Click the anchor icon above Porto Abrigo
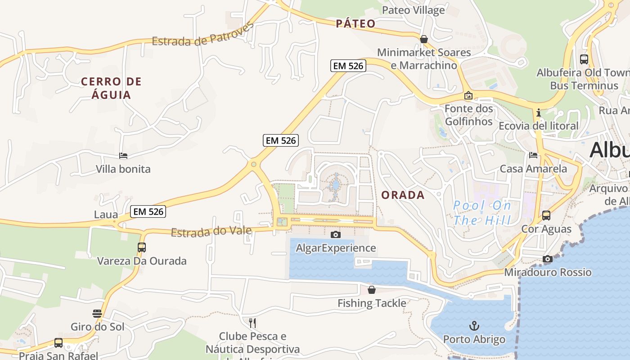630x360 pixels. pyautogui.click(x=474, y=325)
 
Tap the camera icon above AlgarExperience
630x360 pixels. pyautogui.click(x=335, y=234)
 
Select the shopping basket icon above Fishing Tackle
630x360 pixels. pyautogui.click(x=372, y=290)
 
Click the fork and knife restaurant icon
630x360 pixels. pyautogui.click(x=252, y=323)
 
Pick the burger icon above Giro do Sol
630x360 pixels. pyautogui.click(x=97, y=314)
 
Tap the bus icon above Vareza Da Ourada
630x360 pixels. pyautogui.click(x=142, y=247)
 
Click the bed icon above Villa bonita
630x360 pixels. pyautogui.click(x=123, y=156)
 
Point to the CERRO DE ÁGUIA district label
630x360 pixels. pyautogui.click(x=111, y=88)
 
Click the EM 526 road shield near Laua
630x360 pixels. pyautogui.click(x=148, y=211)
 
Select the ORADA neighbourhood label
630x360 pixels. pyautogui.click(x=403, y=195)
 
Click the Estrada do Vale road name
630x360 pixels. pyautogui.click(x=211, y=231)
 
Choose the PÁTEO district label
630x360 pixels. pyautogui.click(x=355, y=24)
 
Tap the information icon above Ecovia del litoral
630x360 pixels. pyautogui.click(x=538, y=112)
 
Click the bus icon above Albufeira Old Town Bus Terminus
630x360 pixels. pyautogui.click(x=584, y=59)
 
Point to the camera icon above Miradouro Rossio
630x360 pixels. pyautogui.click(x=547, y=259)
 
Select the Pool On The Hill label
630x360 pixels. pyautogui.click(x=482, y=213)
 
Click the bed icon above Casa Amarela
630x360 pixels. pyautogui.click(x=533, y=155)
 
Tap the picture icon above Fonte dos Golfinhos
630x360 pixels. pyautogui.click(x=468, y=95)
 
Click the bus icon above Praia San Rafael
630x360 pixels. pyautogui.click(x=58, y=342)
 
